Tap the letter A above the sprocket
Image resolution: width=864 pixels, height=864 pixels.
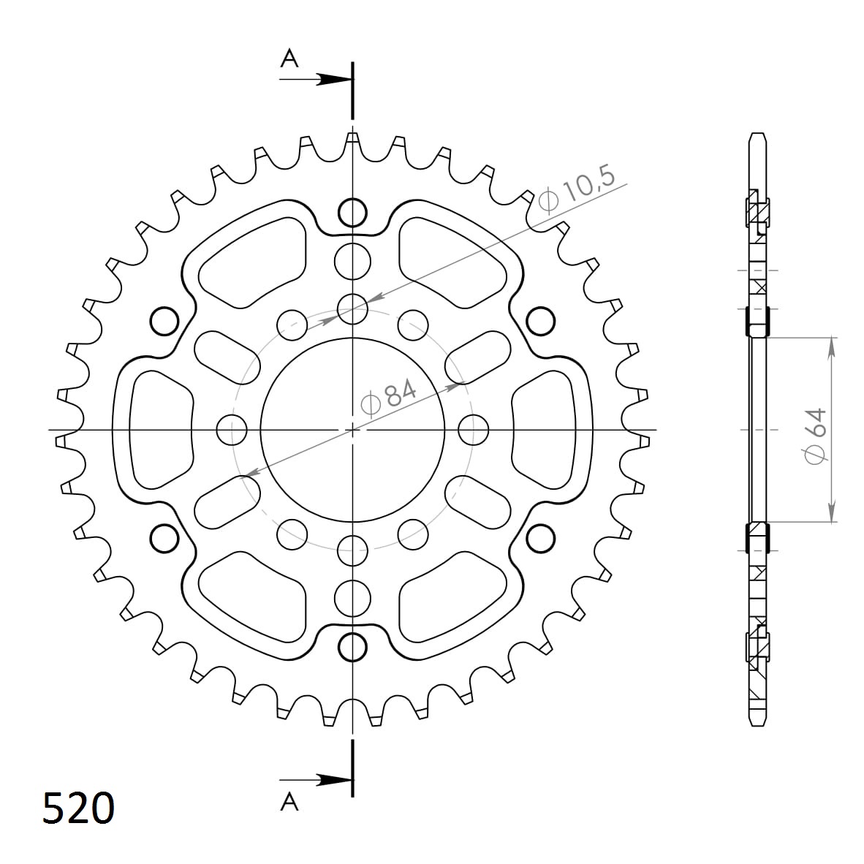[290, 58]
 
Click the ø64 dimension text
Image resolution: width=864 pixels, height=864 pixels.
[814, 434]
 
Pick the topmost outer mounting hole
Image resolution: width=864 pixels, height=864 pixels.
[352, 213]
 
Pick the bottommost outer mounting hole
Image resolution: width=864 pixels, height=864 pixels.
[352, 646]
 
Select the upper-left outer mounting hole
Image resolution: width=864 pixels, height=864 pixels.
[164, 320]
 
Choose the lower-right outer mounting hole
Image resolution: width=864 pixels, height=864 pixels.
[540, 538]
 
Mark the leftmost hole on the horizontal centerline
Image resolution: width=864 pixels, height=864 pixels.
[232, 429]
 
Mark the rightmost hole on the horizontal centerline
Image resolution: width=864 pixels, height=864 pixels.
[473, 429]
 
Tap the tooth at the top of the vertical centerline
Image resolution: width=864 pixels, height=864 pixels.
[352, 139]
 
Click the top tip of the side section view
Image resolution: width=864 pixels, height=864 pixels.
[758, 135]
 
